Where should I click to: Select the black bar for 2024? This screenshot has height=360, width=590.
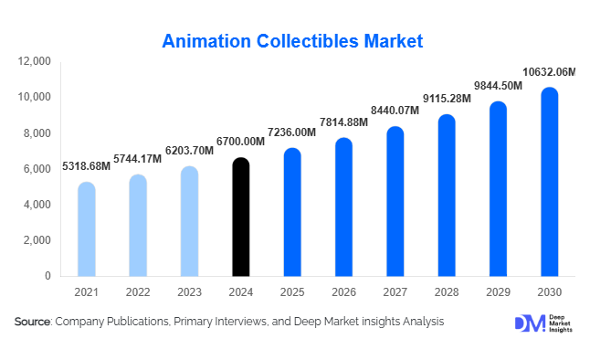coord(240,217)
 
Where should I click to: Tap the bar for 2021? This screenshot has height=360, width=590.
coord(86,229)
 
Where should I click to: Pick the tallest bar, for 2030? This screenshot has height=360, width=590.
coord(549,183)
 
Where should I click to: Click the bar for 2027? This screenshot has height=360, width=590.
coord(395,202)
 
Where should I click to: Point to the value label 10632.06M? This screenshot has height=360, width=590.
coord(549,72)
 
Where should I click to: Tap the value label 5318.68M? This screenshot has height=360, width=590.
coord(86,166)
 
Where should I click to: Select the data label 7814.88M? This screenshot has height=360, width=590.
coord(343,123)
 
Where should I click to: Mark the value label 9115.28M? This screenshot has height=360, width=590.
coord(446,98)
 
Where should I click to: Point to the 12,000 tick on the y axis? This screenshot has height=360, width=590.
coord(35,61)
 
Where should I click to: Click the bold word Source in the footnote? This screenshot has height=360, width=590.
coord(32,322)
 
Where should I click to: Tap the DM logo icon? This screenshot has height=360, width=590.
coord(529,323)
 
